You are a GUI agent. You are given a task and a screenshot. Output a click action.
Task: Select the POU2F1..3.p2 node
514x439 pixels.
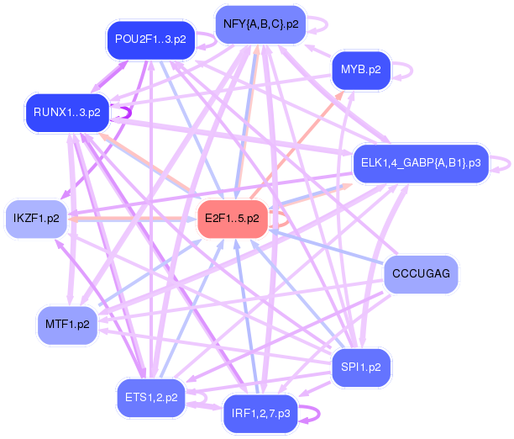click(150, 40)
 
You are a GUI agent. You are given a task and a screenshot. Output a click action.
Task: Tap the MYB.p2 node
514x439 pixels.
click(361, 70)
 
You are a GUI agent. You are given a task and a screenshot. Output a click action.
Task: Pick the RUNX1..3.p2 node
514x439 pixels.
click(66, 111)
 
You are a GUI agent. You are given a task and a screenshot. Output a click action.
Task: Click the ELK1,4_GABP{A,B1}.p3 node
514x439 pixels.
click(420, 163)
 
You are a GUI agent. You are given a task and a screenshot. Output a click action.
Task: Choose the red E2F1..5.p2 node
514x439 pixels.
click(232, 219)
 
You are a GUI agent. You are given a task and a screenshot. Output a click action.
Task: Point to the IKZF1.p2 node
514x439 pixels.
click(37, 219)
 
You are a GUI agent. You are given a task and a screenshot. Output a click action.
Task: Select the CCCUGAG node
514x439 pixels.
click(422, 274)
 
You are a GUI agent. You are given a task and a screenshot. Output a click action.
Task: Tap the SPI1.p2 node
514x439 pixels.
click(361, 368)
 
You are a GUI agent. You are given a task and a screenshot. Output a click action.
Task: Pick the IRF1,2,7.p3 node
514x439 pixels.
click(260, 414)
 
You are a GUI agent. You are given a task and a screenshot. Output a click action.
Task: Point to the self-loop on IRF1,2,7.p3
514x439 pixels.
click(313, 414)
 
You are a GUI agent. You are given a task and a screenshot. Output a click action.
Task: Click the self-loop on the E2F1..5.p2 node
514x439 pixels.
click(284, 219)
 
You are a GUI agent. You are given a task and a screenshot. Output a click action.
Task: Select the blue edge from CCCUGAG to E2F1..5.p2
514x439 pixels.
click(328, 247)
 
